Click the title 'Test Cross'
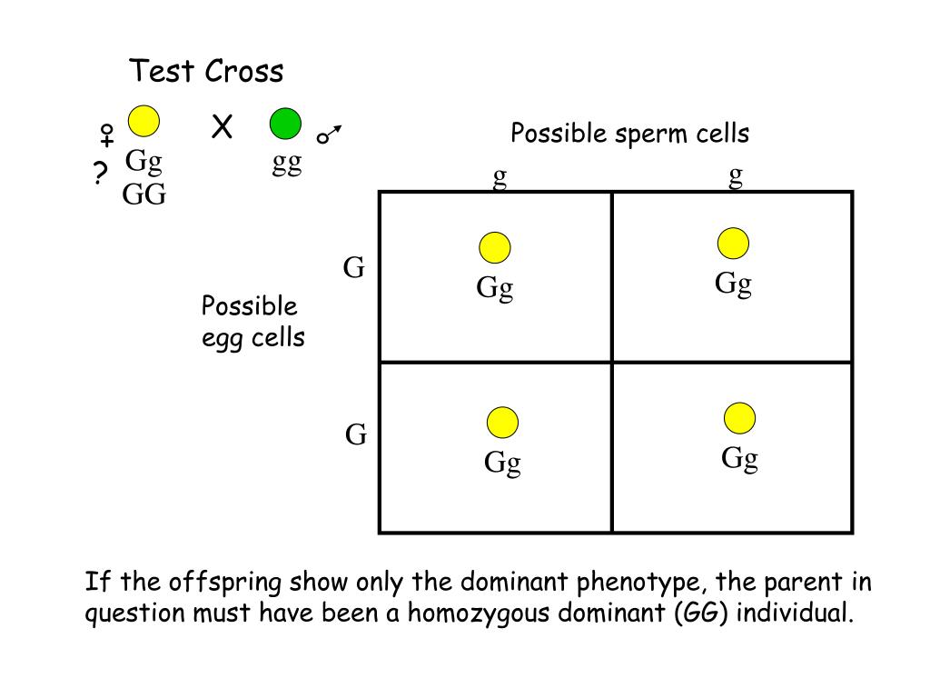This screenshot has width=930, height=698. pyautogui.click(x=206, y=71)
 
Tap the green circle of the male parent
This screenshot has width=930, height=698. pyautogui.click(x=285, y=123)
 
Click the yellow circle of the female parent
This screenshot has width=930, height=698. pyautogui.click(x=143, y=121)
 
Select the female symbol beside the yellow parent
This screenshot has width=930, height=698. pyautogui.click(x=107, y=135)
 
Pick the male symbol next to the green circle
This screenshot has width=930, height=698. pyautogui.click(x=329, y=135)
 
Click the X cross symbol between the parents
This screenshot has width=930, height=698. pyautogui.click(x=222, y=128)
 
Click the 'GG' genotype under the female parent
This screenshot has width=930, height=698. pyautogui.click(x=144, y=194)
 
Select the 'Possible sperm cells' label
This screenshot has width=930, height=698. pyautogui.click(x=629, y=134)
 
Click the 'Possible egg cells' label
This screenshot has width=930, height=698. pyautogui.click(x=252, y=322)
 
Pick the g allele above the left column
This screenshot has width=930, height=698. pyautogui.click(x=500, y=176)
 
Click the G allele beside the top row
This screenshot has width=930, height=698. pyautogui.click(x=353, y=267)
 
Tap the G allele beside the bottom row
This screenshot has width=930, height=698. pyautogui.click(x=356, y=435)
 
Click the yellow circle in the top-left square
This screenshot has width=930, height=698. pyautogui.click(x=495, y=247)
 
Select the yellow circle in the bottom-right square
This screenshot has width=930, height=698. pyautogui.click(x=739, y=418)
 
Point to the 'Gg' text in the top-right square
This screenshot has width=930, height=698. pyautogui.click(x=734, y=284)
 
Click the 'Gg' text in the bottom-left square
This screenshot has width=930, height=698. pyautogui.click(x=502, y=463)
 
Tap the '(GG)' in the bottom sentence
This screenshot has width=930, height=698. pyautogui.click(x=702, y=612)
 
